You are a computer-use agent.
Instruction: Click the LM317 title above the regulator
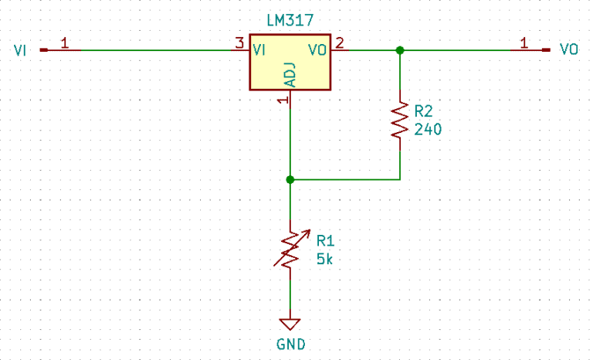pyautogui.click(x=290, y=22)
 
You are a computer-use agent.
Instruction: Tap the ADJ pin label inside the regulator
pyautogui.click(x=290, y=74)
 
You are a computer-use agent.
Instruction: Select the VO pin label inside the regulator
pyautogui.click(x=317, y=50)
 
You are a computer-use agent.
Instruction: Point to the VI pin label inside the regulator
pyautogui.click(x=260, y=50)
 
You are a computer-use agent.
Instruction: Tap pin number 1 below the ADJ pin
pyautogui.click(x=283, y=100)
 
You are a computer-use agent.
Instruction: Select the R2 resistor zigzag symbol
pyautogui.click(x=399, y=120)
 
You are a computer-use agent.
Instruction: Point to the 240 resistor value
pyautogui.click(x=428, y=130)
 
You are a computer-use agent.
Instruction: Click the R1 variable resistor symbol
pyautogui.click(x=290, y=248)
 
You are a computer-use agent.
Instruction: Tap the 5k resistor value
pyautogui.click(x=324, y=259)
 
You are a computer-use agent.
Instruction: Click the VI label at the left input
pyautogui.click(x=21, y=50)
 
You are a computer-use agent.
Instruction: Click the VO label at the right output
pyautogui.click(x=569, y=50)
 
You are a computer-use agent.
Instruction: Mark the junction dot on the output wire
pyautogui.click(x=399, y=50)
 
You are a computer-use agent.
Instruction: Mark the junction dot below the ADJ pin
pyautogui.click(x=290, y=179)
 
